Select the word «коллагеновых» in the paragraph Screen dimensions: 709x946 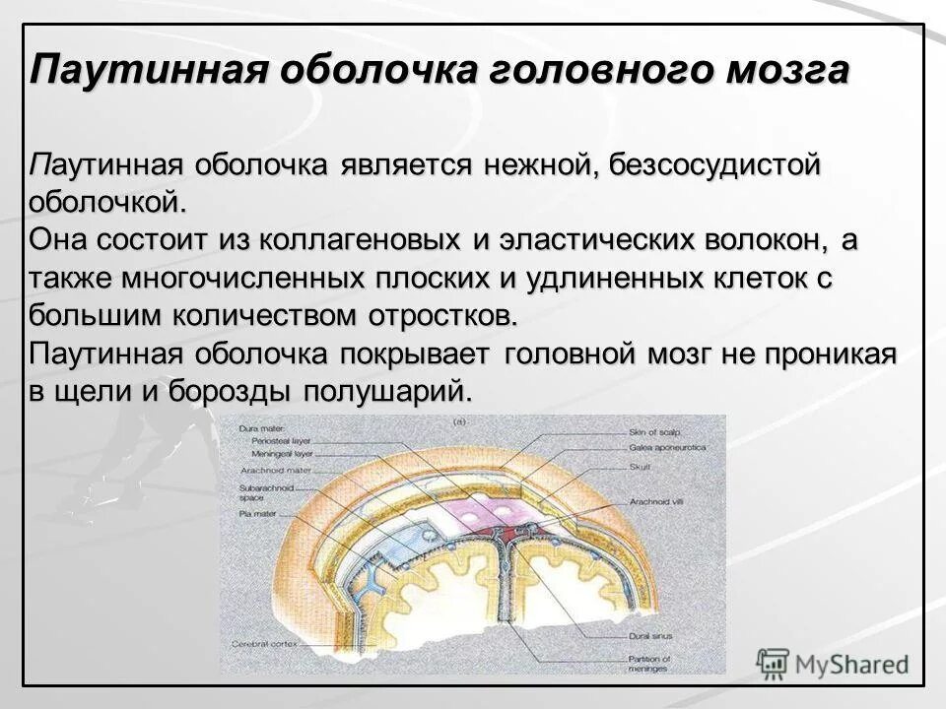pos(352,238)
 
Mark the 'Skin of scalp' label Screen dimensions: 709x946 pos(649,431)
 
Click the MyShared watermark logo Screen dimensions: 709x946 pos(833,662)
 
